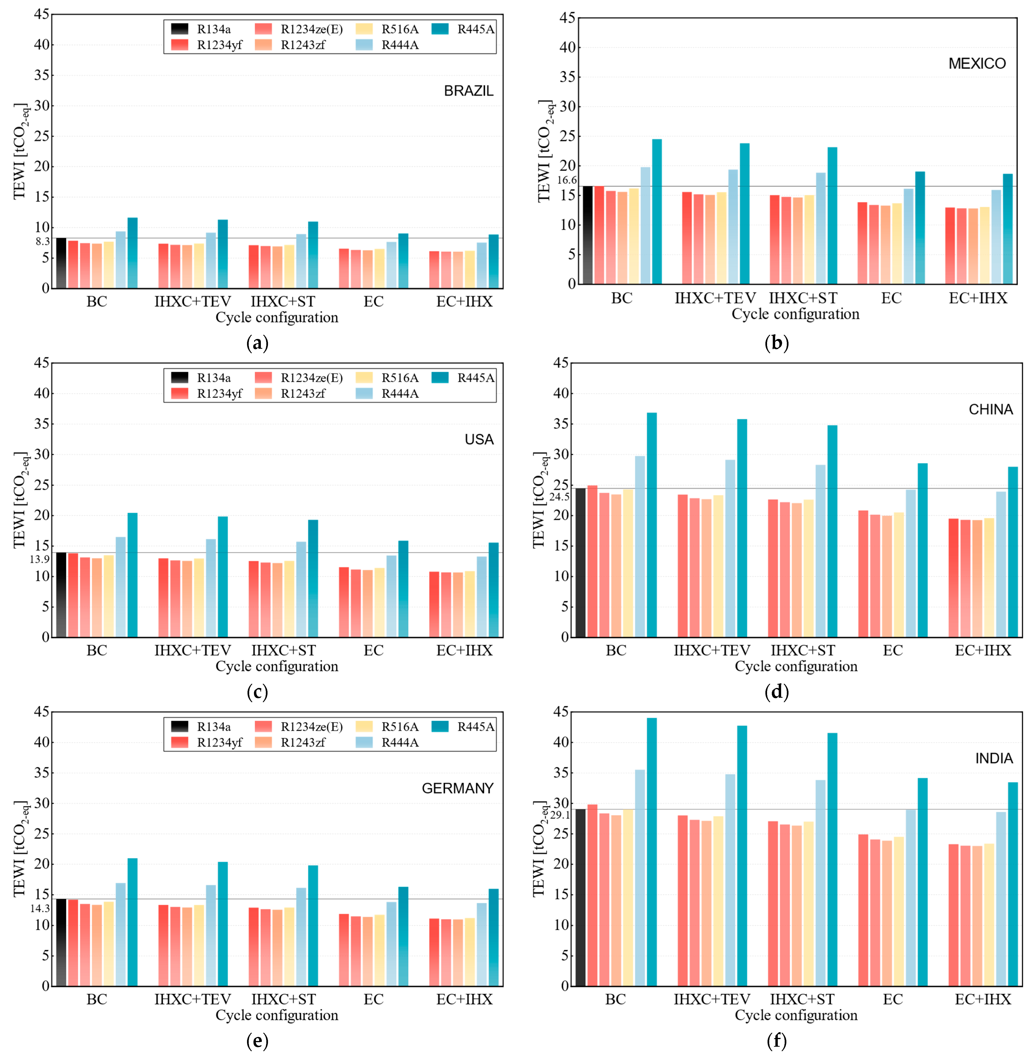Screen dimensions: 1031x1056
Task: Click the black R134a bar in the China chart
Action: pos(581,562)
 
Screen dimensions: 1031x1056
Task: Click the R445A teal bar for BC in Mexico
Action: pos(657,211)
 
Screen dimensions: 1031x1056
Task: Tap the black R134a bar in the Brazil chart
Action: pos(61,263)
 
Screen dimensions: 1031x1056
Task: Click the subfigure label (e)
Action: pos(257,1041)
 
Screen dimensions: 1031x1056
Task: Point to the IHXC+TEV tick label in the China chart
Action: pos(712,650)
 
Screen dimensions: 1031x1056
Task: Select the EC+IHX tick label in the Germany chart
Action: pos(465,999)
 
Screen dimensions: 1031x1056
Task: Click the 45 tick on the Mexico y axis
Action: pos(567,18)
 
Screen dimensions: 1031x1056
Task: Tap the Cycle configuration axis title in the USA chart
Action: pos(277,666)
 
